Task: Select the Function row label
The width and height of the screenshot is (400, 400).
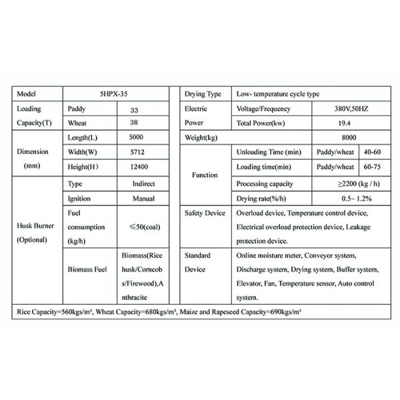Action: pos(205,175)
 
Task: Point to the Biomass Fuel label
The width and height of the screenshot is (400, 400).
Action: pos(87,271)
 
